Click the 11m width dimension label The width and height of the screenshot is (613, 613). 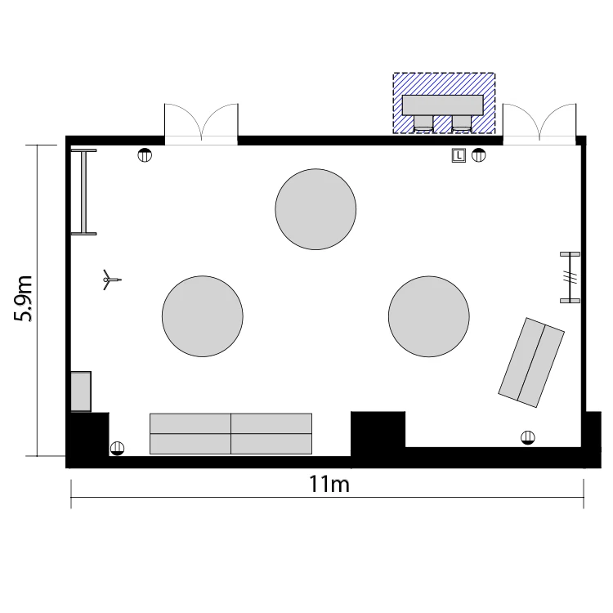click(329, 484)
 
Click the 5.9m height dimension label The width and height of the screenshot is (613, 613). click(23, 298)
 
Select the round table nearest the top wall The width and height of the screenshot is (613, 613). click(315, 209)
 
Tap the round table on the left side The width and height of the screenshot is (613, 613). click(203, 316)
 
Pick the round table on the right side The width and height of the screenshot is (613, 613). click(429, 316)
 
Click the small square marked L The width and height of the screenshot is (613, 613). click(459, 155)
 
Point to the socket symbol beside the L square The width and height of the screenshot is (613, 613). click(478, 155)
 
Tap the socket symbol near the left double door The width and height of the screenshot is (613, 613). click(145, 155)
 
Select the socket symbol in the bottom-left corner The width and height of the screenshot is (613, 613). click(117, 448)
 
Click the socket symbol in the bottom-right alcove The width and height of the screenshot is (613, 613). click(528, 437)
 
